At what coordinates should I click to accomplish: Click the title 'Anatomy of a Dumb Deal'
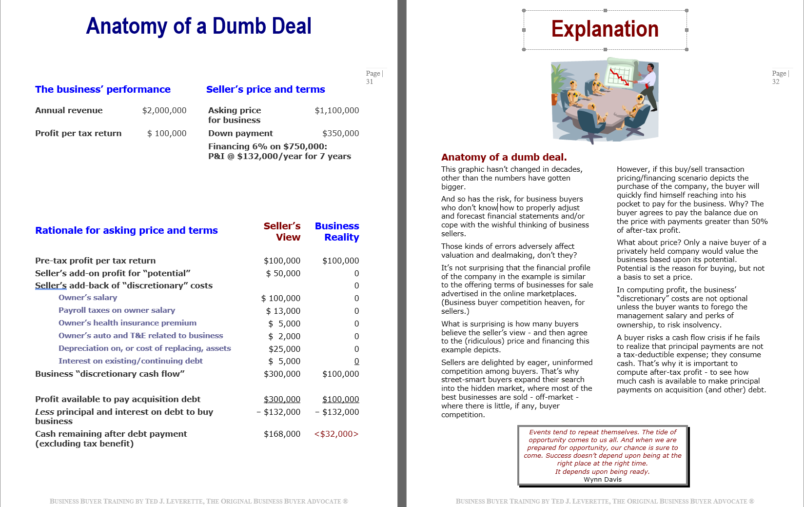pyautogui.click(x=198, y=26)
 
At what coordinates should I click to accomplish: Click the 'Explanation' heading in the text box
pyautogui.click(x=605, y=29)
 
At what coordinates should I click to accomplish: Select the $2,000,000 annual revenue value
pyautogui.click(x=164, y=111)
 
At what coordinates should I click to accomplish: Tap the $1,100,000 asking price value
pyautogui.click(x=336, y=111)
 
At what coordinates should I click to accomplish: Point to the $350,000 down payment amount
pyautogui.click(x=340, y=134)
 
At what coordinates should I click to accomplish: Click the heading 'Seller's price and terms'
pyautogui.click(x=265, y=90)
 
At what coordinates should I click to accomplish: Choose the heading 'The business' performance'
pyautogui.click(x=103, y=90)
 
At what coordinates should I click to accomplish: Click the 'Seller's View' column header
pyautogui.click(x=282, y=232)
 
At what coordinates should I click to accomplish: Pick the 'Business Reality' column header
pyautogui.click(x=337, y=232)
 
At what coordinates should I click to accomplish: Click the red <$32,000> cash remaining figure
pyautogui.click(x=336, y=434)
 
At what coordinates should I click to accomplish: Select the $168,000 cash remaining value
pyautogui.click(x=282, y=434)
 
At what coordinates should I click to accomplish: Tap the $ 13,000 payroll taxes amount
pyautogui.click(x=283, y=311)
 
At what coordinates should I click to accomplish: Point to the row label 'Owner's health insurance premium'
pyautogui.click(x=127, y=323)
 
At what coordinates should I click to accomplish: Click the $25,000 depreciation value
pyautogui.click(x=284, y=349)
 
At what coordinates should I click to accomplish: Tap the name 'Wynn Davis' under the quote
pyautogui.click(x=603, y=480)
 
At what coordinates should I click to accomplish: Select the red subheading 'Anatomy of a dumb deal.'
pyautogui.click(x=504, y=158)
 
